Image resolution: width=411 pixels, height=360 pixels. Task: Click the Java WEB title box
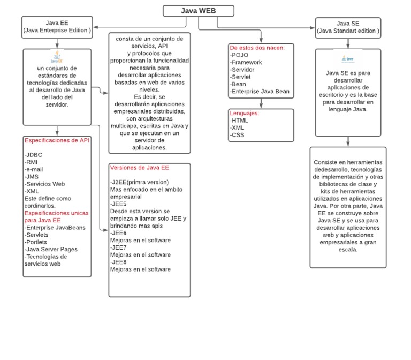tap(199, 11)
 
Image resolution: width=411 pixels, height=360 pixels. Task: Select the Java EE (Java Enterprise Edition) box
tap(57, 27)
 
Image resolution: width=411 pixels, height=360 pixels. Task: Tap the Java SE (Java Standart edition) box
tap(348, 27)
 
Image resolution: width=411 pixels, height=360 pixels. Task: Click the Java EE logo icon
tap(57, 58)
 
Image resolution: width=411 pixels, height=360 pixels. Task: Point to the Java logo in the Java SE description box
tap(348, 58)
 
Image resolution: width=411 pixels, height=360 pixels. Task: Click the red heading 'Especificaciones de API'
tap(57, 140)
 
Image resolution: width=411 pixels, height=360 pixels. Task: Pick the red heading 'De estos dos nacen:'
tap(257, 48)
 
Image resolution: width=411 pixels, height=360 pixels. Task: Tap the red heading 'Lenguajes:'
tap(245, 114)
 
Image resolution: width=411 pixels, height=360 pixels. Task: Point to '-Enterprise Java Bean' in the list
tap(260, 92)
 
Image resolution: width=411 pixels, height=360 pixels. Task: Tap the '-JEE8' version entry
tap(119, 262)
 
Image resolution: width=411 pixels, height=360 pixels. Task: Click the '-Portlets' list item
tap(36, 242)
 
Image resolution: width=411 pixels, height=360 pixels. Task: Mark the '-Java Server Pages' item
tap(51, 249)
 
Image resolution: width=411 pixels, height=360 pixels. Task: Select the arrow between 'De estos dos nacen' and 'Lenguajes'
tap(261, 103)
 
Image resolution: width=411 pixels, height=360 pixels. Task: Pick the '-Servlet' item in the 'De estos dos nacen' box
tap(241, 77)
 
